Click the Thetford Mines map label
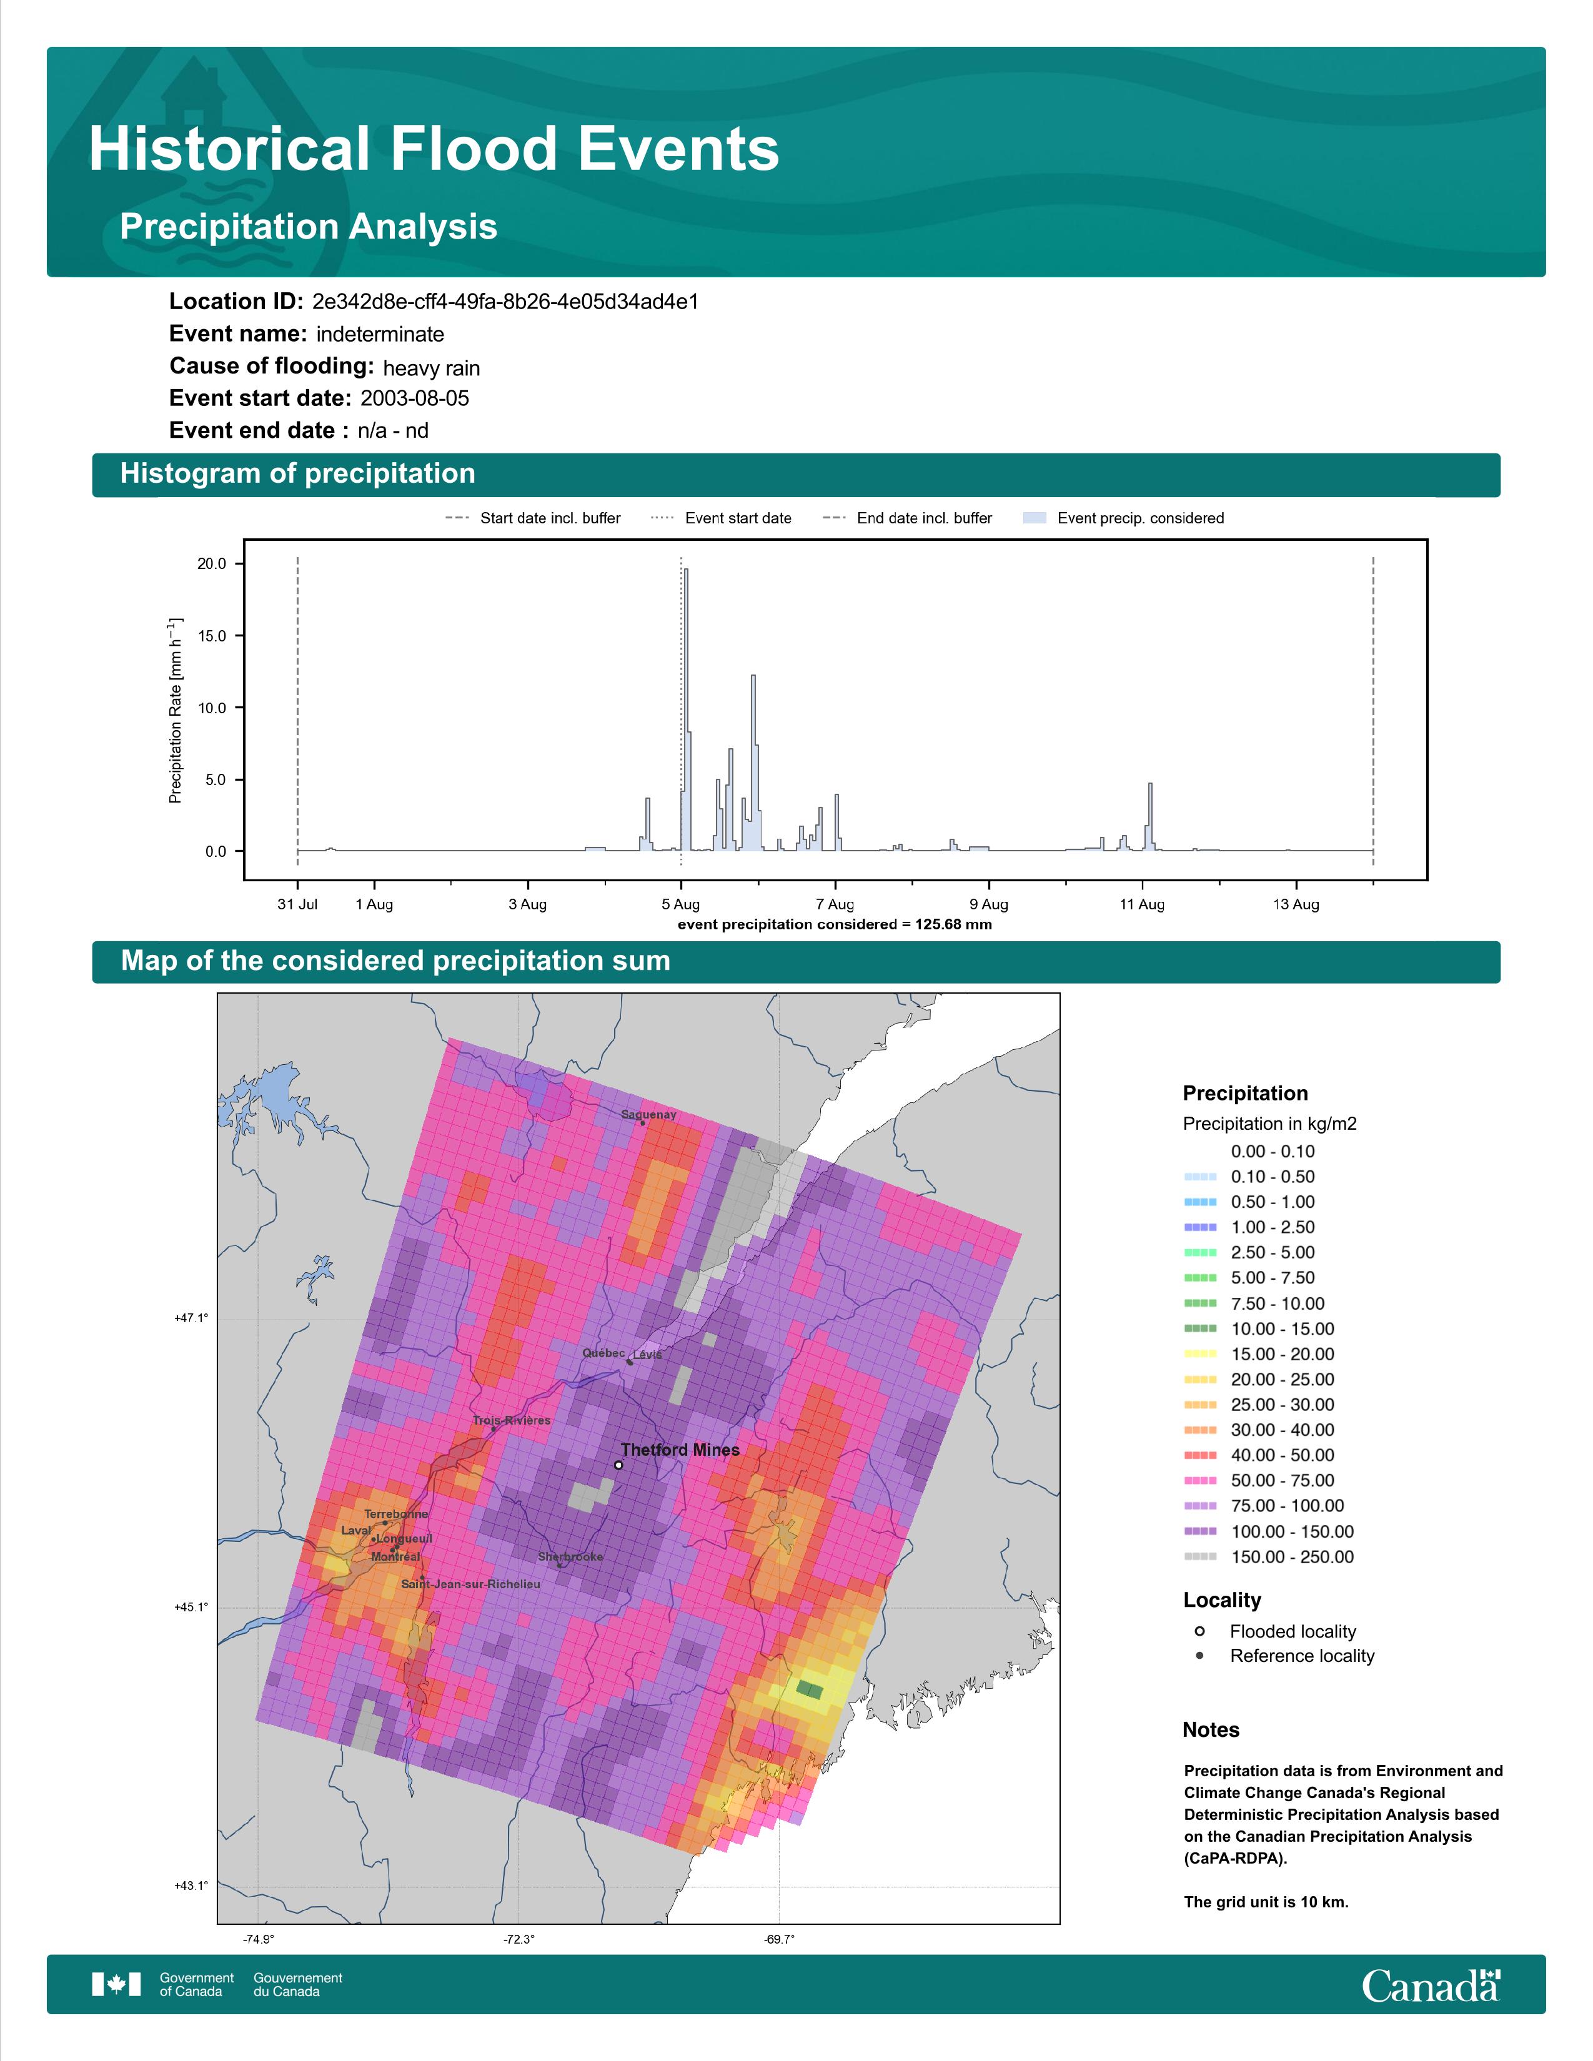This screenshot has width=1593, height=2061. [x=680, y=1450]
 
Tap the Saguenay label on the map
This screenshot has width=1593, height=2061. [x=648, y=1114]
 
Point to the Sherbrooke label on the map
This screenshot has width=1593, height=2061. [x=570, y=1556]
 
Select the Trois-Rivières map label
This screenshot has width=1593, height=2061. [x=512, y=1420]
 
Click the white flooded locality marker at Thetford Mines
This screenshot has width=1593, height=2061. [x=618, y=1466]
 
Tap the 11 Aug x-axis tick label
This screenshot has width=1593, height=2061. [x=1142, y=904]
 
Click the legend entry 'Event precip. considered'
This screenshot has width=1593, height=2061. [x=1123, y=518]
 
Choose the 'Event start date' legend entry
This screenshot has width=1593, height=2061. [x=721, y=518]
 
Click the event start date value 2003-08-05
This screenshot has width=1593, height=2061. [x=414, y=398]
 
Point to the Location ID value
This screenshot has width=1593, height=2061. [x=505, y=302]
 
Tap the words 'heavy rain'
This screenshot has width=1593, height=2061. [x=431, y=368]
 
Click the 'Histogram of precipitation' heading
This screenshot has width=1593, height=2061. [x=297, y=474]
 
